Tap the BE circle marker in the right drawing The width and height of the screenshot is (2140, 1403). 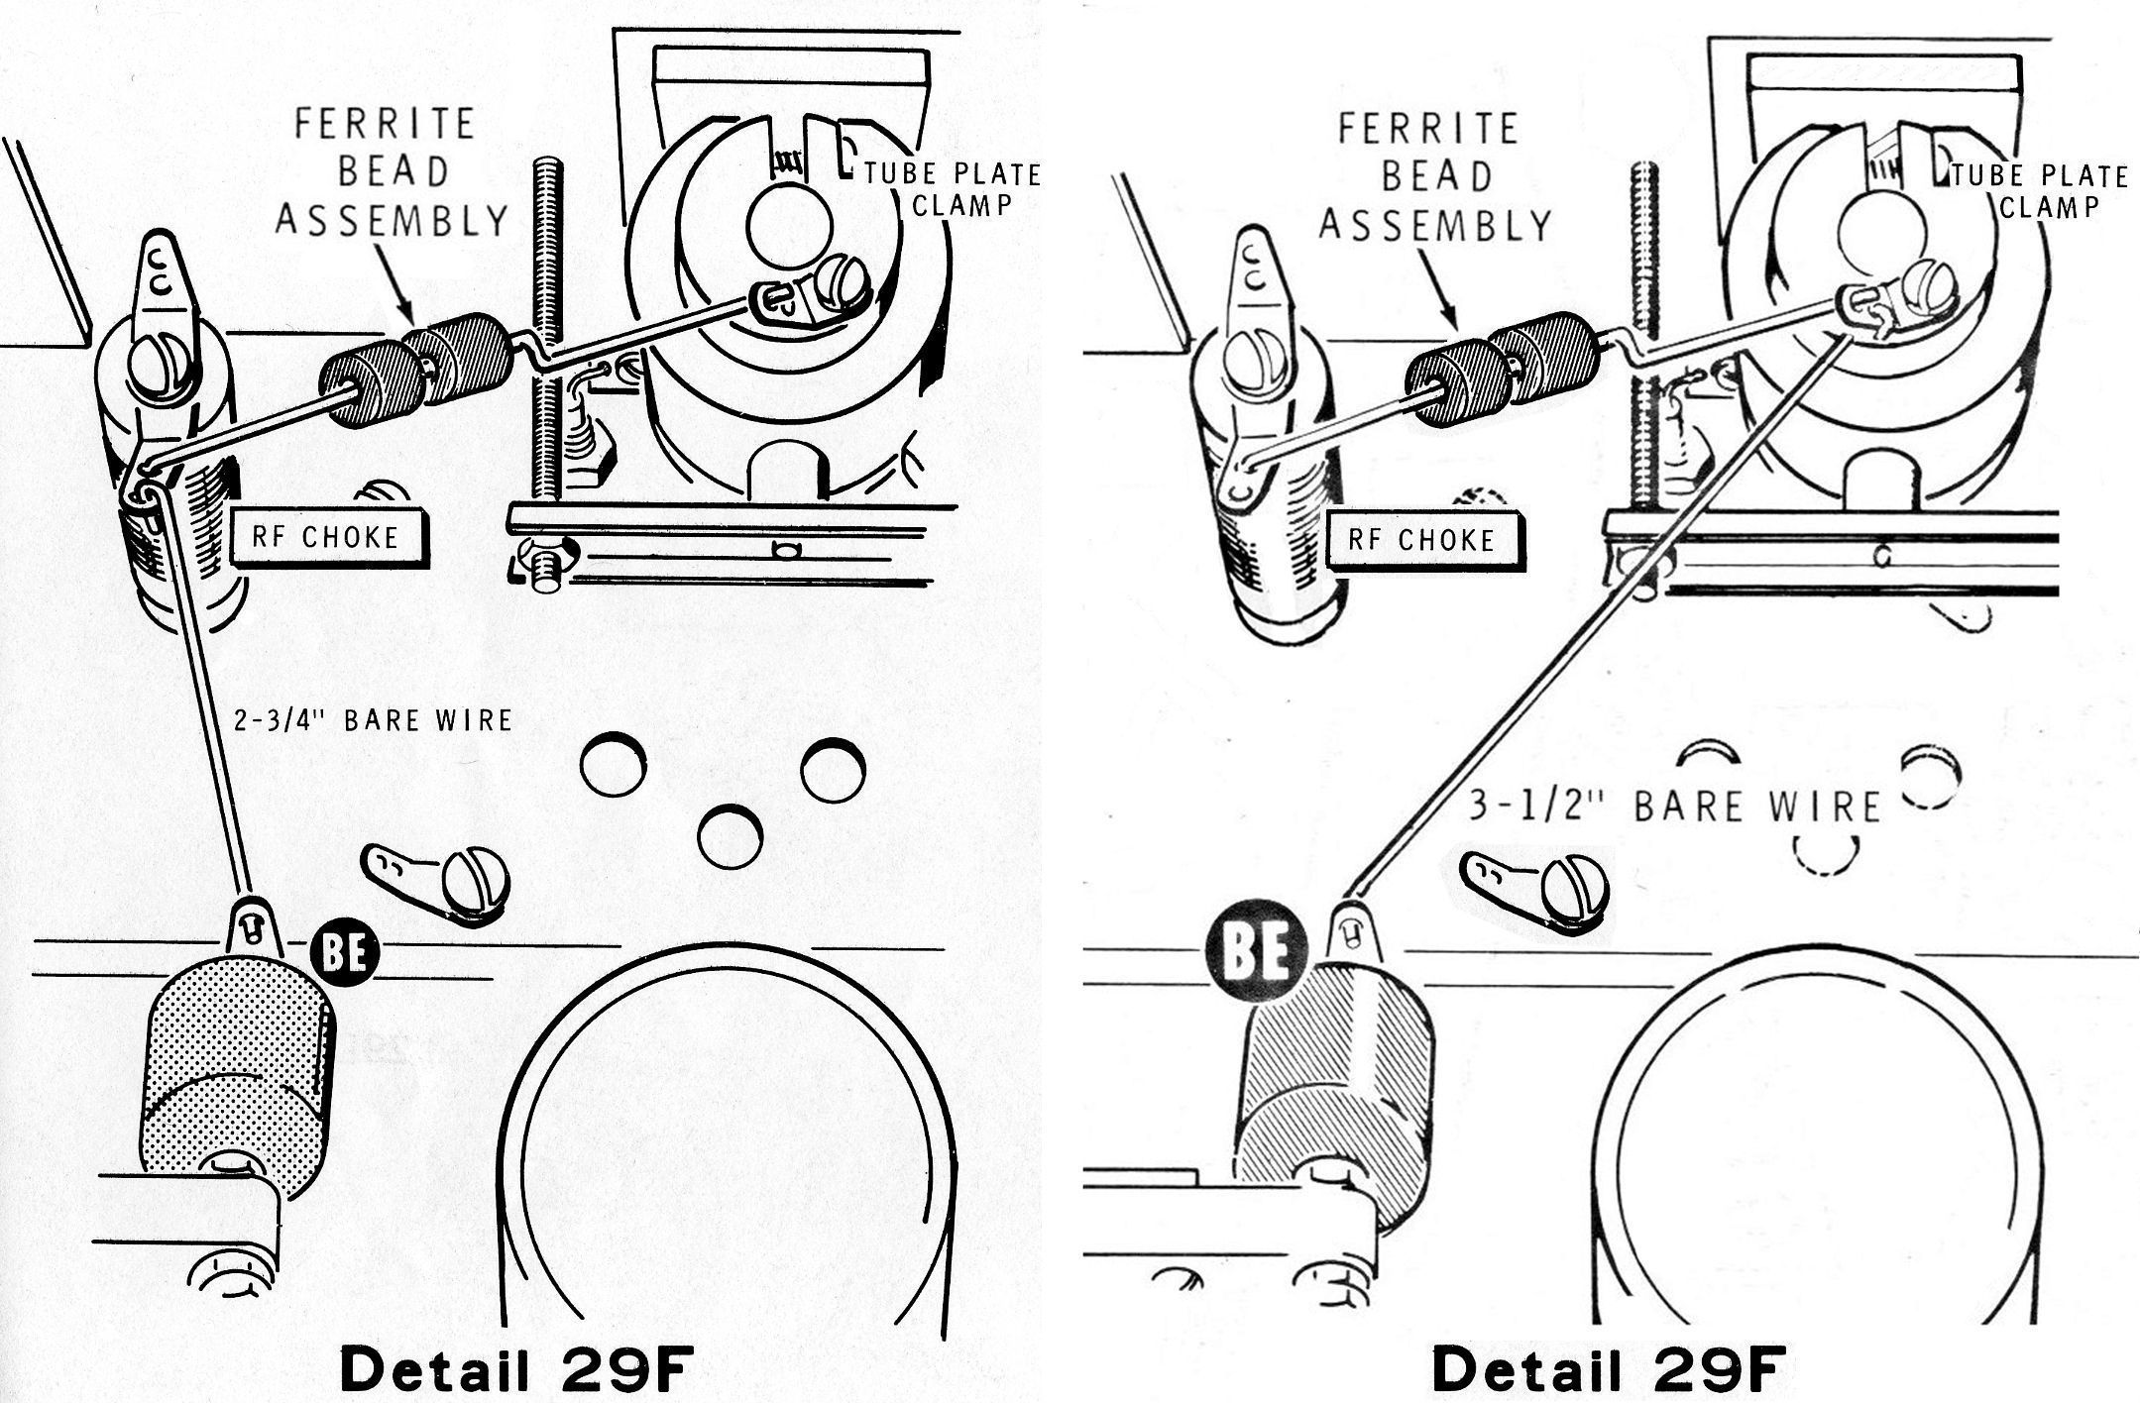click(x=1256, y=952)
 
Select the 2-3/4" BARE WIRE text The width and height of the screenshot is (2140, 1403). click(x=373, y=720)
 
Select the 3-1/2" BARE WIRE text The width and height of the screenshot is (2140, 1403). click(x=1674, y=806)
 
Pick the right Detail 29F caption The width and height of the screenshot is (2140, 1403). click(x=1607, y=1369)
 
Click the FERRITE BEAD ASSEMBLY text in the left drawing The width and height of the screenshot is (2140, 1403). click(x=391, y=172)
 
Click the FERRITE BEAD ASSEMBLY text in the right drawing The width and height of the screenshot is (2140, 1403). click(x=1433, y=176)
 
